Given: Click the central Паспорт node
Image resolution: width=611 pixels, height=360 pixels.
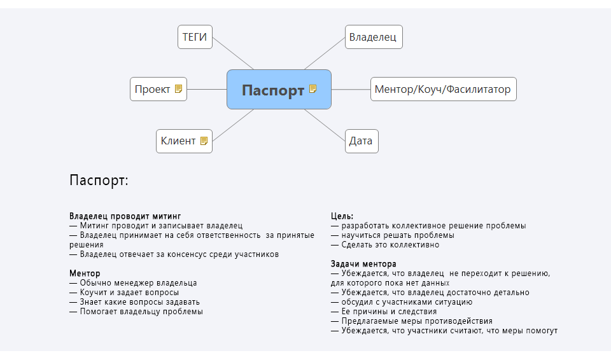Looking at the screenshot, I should tap(272, 90).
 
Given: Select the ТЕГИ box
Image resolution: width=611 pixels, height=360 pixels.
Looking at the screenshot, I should tap(195, 37).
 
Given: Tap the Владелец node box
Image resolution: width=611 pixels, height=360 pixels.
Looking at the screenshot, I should tap(373, 37).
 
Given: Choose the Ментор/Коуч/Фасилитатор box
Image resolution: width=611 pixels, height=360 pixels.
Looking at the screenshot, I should tap(443, 89).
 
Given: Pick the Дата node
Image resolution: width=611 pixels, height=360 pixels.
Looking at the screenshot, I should tap(361, 141).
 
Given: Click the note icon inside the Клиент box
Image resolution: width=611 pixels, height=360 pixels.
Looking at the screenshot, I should tap(204, 141).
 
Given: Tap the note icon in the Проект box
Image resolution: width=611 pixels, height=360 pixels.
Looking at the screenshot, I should tap(179, 89).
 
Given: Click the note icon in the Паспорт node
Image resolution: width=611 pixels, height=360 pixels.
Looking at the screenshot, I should tap(313, 89).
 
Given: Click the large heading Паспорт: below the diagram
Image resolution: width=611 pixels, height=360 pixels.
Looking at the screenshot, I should tap(99, 181).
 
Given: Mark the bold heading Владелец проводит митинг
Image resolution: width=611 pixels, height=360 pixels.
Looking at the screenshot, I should tap(120, 216).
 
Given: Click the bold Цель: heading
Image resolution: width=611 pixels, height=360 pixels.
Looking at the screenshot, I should tap(342, 216).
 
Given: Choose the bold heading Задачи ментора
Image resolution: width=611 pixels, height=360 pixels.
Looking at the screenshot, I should tap(363, 264).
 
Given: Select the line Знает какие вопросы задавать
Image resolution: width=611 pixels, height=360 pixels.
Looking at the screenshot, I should tap(139, 302).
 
